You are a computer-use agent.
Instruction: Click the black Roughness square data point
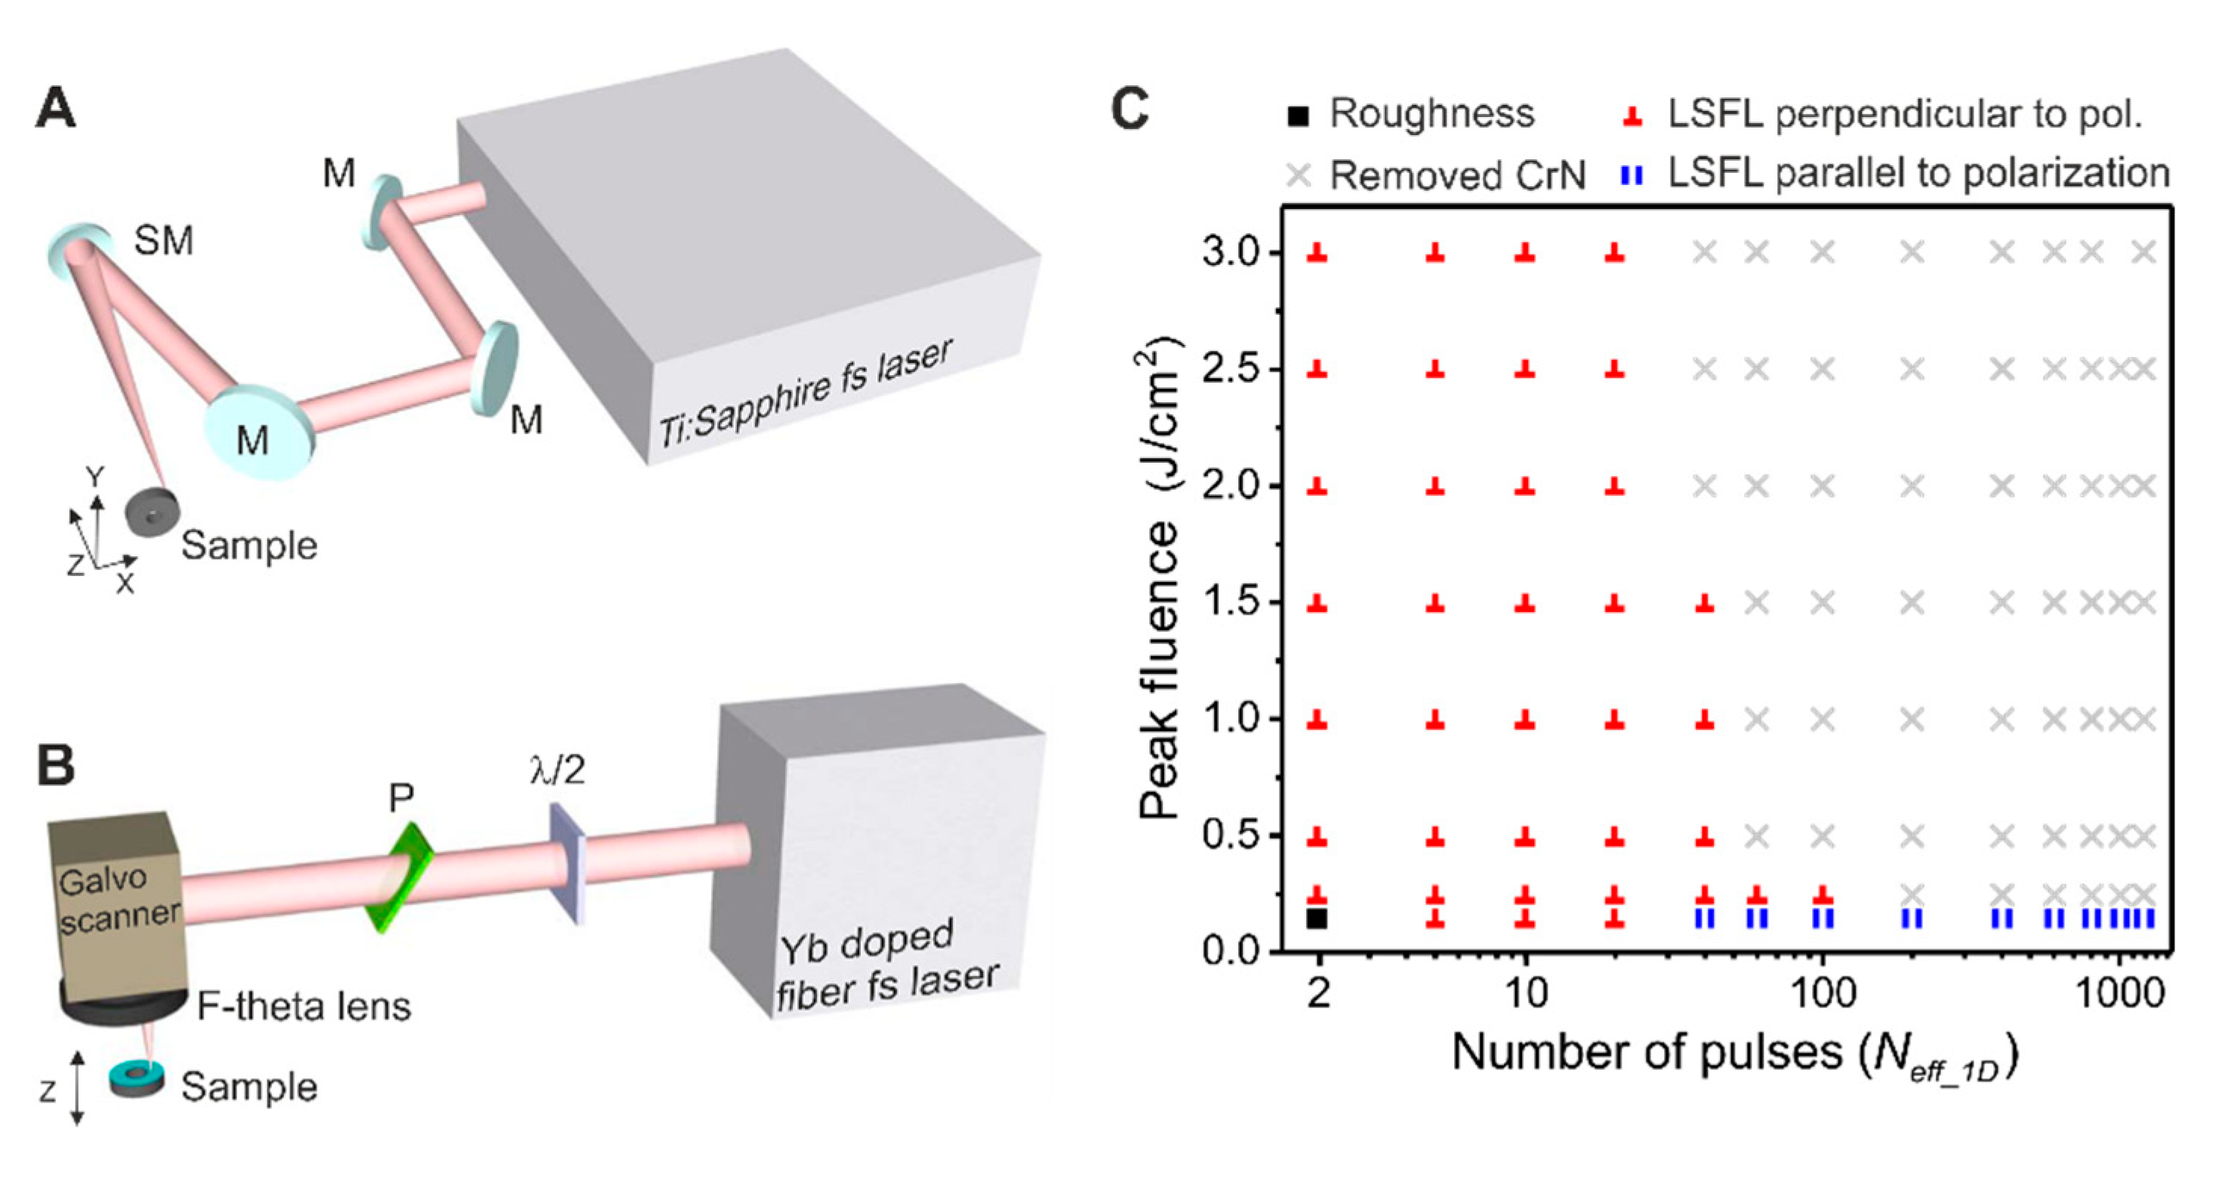click(1317, 918)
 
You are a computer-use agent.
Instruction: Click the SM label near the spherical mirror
click(163, 241)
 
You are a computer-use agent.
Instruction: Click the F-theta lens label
click(304, 1006)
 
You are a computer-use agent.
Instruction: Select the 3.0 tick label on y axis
click(1230, 254)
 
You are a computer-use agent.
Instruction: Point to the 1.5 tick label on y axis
click(1230, 603)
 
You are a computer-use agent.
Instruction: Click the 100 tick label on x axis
click(1822, 994)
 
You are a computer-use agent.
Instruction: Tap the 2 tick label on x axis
click(1318, 994)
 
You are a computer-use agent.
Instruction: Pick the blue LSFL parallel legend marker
click(1631, 175)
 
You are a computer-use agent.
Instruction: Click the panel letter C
click(1130, 109)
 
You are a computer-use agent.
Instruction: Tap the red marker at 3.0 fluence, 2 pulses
click(1317, 252)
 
